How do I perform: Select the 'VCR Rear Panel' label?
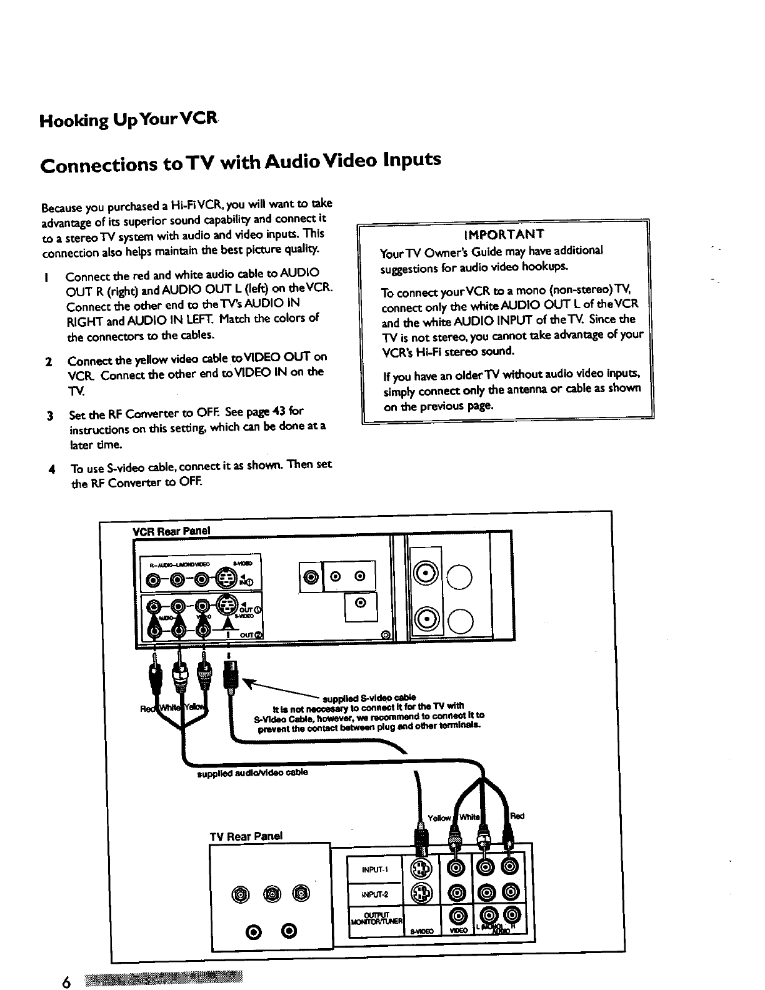[x=172, y=531]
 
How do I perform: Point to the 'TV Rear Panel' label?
[x=246, y=836]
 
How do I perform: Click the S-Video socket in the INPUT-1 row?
[x=421, y=869]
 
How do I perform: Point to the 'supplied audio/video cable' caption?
[x=252, y=772]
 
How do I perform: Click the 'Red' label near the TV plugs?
[x=517, y=816]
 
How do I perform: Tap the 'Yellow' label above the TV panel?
[x=439, y=817]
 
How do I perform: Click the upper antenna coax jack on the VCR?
[x=427, y=574]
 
